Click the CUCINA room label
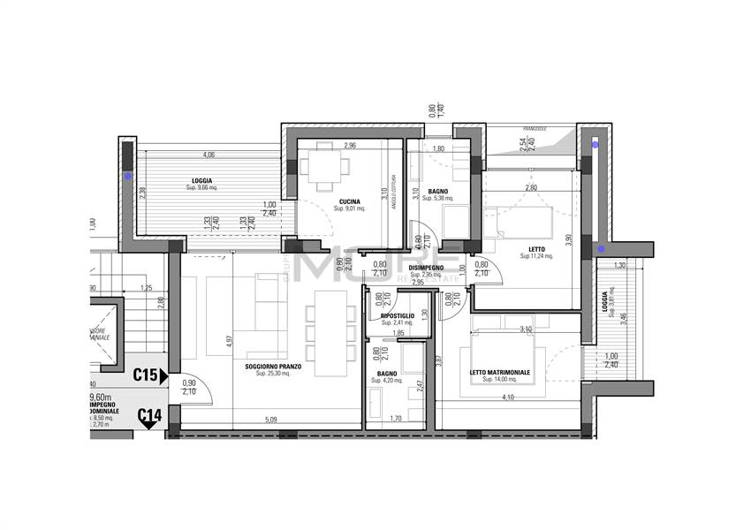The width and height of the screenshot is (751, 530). pyautogui.click(x=349, y=201)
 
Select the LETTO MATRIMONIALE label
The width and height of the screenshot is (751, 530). pyautogui.click(x=499, y=372)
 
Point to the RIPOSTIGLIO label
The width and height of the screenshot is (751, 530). pyautogui.click(x=398, y=315)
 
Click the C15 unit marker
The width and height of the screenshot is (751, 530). pyautogui.click(x=146, y=375)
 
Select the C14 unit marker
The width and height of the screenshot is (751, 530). pyautogui.click(x=148, y=414)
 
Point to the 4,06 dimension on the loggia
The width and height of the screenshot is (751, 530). pyautogui.click(x=209, y=155)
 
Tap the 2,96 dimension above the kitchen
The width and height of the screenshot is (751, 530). pyautogui.click(x=350, y=146)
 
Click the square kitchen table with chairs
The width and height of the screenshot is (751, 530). pyautogui.click(x=323, y=167)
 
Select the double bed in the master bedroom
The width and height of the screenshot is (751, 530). pyautogui.click(x=506, y=358)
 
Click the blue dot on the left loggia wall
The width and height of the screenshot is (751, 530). pyautogui.click(x=128, y=176)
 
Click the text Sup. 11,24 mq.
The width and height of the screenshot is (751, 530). pyautogui.click(x=535, y=256)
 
